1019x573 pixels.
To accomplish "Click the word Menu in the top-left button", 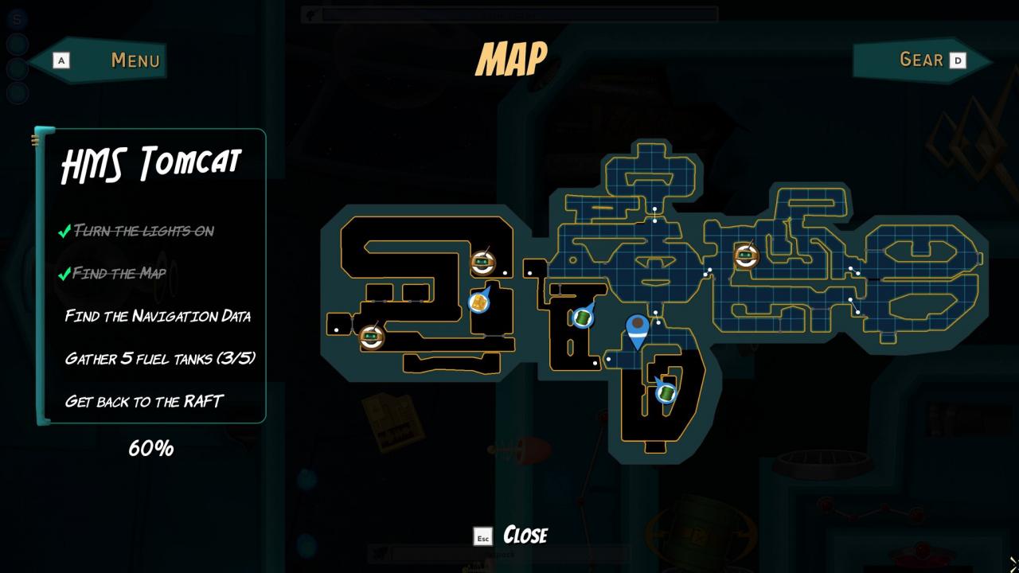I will (135, 60).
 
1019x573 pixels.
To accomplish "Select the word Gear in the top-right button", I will (921, 60).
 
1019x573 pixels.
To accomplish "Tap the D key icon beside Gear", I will (958, 60).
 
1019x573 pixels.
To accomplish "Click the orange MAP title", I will (511, 60).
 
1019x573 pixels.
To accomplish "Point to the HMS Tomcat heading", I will (151, 164).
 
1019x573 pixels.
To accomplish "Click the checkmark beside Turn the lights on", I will (64, 232).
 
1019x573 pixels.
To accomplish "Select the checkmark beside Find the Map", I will (64, 275).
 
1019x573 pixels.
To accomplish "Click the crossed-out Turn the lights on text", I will (144, 231).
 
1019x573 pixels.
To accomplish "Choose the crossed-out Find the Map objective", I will (120, 274).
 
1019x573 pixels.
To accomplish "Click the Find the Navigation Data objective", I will (158, 316).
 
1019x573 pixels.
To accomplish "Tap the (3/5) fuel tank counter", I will (236, 358).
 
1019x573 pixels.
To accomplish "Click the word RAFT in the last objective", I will (203, 401).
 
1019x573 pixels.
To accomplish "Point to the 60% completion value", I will (151, 448).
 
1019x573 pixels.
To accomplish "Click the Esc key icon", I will (482, 536).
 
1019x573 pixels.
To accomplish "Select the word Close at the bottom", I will (525, 535).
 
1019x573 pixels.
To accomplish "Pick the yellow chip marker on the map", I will (478, 302).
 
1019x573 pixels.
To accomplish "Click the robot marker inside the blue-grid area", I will (746, 256).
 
